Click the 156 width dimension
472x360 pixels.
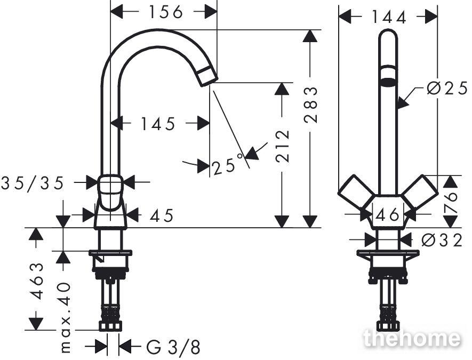click(x=166, y=12)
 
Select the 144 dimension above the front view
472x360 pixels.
click(x=389, y=17)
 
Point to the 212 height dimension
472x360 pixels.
click(x=283, y=146)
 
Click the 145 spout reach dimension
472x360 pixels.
click(x=158, y=124)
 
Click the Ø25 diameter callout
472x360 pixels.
click(x=447, y=89)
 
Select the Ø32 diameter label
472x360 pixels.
click(x=442, y=240)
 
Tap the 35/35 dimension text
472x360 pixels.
click(x=33, y=183)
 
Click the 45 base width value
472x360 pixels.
click(x=162, y=215)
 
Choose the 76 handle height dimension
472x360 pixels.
click(x=450, y=202)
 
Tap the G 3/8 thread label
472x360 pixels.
click(x=173, y=347)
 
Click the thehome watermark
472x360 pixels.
click(x=412, y=338)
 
